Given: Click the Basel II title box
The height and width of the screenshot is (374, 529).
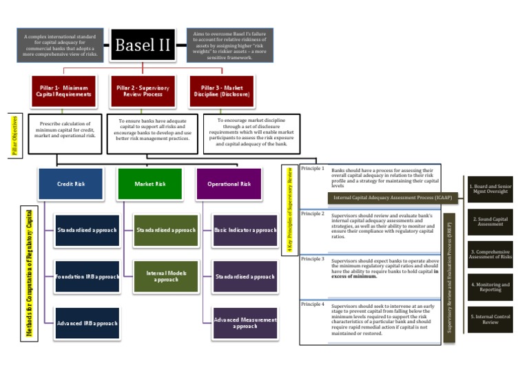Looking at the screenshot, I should [142, 45].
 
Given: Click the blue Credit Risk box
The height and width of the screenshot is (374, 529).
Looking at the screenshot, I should [70, 184].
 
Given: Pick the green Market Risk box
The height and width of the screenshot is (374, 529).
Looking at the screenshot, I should [149, 184].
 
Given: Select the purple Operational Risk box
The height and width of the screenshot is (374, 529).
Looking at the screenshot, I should [229, 184].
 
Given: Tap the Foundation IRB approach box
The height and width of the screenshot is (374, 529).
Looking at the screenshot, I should [87, 276].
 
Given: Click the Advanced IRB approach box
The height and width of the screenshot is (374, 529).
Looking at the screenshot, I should [87, 322].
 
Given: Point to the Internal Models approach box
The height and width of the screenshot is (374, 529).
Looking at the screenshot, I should [166, 276].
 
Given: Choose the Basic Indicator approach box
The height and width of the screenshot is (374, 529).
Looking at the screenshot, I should [245, 230].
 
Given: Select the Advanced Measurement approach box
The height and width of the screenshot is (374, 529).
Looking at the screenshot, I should [245, 322].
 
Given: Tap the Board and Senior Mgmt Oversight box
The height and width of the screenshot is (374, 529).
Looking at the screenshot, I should [490, 189].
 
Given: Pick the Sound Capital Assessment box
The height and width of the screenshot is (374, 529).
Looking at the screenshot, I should [490, 221].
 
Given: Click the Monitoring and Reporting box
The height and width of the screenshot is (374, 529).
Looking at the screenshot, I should [490, 286].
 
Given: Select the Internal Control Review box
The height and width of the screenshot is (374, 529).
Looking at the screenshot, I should [490, 318].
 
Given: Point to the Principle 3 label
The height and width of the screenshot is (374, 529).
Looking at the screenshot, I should [313, 259].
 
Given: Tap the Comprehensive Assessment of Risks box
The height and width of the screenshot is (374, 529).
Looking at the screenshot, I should [490, 253].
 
